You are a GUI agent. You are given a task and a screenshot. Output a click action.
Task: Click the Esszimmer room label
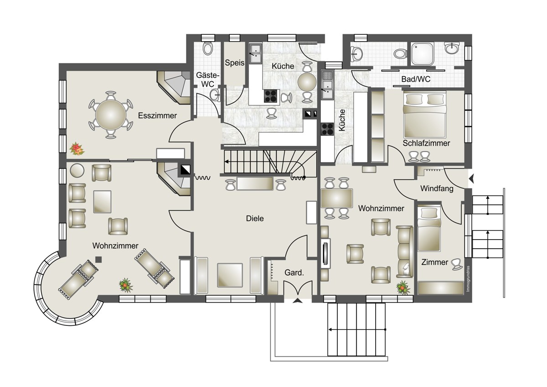pos(157,115)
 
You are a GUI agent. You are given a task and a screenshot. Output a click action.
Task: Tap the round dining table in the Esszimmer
pos(111,115)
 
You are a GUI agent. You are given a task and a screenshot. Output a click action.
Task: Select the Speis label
pos(234,63)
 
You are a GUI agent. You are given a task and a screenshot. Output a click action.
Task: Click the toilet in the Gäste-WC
pos(208,48)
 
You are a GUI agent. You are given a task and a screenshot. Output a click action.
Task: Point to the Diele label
pos(255,218)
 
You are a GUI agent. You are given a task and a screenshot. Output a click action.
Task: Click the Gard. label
pos(294,272)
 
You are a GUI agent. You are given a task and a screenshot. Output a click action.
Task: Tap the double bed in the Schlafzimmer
pos(425,115)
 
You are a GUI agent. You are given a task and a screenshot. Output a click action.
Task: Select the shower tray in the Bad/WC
pos(423,54)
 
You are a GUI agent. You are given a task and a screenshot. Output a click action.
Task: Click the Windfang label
pos(437,188)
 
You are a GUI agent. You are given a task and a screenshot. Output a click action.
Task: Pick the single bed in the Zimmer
pos(429,228)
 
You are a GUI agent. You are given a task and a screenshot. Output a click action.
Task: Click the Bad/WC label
pos(416,79)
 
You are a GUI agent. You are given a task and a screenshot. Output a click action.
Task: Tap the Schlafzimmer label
pos(426,143)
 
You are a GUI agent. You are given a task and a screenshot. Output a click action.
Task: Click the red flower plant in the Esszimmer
pos(77,149)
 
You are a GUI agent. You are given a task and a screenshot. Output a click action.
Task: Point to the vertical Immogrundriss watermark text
pos(468,278)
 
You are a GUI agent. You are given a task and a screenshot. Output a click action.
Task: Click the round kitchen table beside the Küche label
pos(307,82)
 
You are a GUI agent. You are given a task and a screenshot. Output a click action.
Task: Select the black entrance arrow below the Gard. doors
pos(297,301)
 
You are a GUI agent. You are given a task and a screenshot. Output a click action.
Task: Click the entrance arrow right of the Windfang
pos(471,179)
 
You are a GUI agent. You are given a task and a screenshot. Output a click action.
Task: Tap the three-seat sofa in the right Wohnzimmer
pos(405,252)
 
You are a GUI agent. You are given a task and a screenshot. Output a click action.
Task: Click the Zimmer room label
pos(435,262)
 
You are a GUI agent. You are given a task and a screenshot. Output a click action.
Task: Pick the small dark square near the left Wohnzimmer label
pos(98,259)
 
